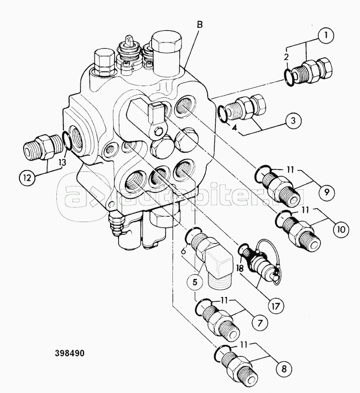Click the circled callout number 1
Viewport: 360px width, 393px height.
[325, 36]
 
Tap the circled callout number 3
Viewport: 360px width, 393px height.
[293, 121]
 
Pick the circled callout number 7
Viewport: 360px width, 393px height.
[260, 323]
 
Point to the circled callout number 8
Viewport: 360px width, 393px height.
[284, 369]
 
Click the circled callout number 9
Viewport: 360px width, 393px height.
[326, 192]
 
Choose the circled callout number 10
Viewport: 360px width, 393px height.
[341, 229]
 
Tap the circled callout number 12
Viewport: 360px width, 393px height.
[27, 178]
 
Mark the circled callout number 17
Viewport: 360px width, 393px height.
[276, 306]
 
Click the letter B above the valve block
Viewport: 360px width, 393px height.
[200, 25]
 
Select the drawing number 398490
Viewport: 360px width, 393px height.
[70, 353]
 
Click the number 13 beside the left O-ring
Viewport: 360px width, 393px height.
[62, 163]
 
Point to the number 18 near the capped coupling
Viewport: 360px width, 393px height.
[239, 269]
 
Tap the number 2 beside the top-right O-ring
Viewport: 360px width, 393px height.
[286, 57]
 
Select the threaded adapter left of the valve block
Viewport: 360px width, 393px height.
[43, 147]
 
